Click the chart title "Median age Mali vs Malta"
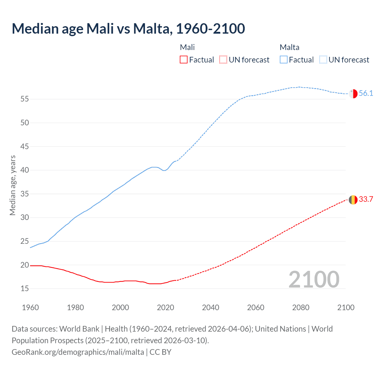[x=128, y=29]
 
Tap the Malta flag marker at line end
[x=353, y=93]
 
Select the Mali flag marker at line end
[x=353, y=200]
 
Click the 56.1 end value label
[x=366, y=93]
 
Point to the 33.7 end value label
[x=366, y=199]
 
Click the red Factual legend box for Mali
[x=184, y=60]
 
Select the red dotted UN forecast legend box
[x=223, y=60]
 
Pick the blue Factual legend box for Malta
[x=283, y=60]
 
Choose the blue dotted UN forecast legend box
[x=323, y=60]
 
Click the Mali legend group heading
[x=187, y=47]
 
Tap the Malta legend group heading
[x=289, y=47]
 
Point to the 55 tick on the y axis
[x=24, y=99]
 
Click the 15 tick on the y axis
[x=24, y=289]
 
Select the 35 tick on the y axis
[x=24, y=194]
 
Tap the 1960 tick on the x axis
[x=30, y=307]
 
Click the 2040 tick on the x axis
[x=210, y=307]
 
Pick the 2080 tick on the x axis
[x=301, y=307]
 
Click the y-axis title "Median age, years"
[x=13, y=185]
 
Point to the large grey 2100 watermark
[x=314, y=279]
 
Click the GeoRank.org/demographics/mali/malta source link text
[x=78, y=352]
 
